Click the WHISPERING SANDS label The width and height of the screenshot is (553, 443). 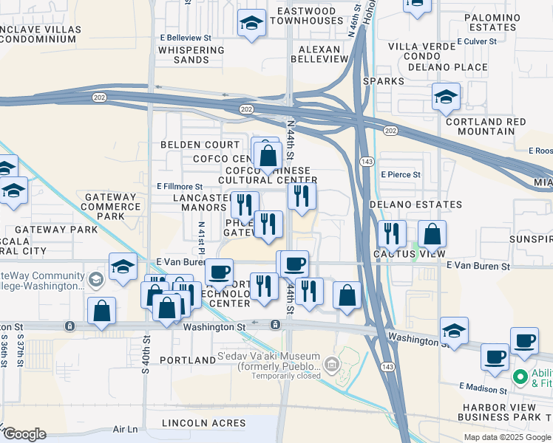[191, 55]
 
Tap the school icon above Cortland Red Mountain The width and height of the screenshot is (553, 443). [446, 97]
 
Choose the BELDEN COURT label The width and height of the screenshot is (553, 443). [200, 145]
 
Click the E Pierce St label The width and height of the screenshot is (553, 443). [401, 175]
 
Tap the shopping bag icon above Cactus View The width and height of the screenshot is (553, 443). [432, 234]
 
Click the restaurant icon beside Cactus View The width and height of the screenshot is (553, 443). [392, 234]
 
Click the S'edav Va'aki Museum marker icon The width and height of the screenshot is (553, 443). [332, 363]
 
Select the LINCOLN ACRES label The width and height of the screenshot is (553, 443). [205, 423]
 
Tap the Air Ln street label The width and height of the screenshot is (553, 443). [126, 429]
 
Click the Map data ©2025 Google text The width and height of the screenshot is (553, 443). [508, 437]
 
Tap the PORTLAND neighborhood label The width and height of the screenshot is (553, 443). [189, 360]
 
